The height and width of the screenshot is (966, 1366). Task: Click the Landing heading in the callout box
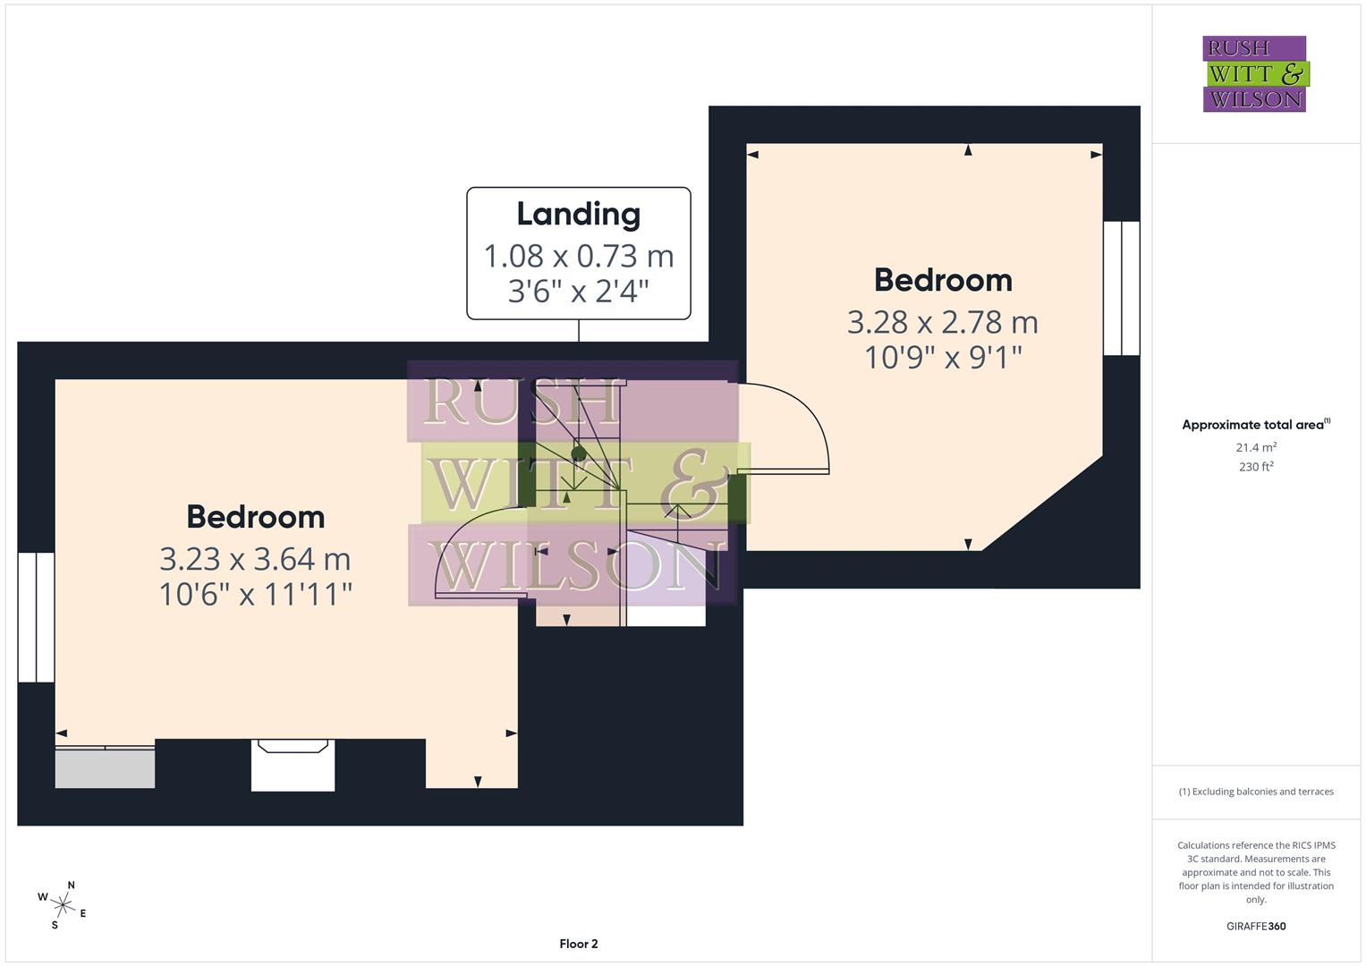pyautogui.click(x=578, y=215)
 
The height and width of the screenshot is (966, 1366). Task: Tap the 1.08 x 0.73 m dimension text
pyautogui.click(x=578, y=257)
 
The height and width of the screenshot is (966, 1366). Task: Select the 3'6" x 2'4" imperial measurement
pyautogui.click(x=578, y=291)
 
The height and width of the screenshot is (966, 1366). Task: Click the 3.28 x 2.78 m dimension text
pyautogui.click(x=942, y=322)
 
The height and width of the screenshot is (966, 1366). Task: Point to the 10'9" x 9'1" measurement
pyautogui.click(x=942, y=358)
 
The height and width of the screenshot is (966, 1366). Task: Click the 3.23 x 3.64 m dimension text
pyautogui.click(x=255, y=559)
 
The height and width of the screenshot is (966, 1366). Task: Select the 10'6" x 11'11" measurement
pyautogui.click(x=255, y=594)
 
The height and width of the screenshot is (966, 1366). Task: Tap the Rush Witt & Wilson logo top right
pyautogui.click(x=1254, y=73)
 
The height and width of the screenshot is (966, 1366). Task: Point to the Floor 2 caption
pyautogui.click(x=578, y=944)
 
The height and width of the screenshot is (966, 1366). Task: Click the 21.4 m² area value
pyautogui.click(x=1255, y=447)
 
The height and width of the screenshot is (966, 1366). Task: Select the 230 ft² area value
pyautogui.click(x=1255, y=467)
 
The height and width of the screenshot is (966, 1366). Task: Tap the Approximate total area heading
pyautogui.click(x=1255, y=425)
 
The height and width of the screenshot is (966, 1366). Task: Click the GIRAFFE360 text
pyautogui.click(x=1255, y=926)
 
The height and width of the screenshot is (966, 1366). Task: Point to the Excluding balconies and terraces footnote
pyautogui.click(x=1255, y=792)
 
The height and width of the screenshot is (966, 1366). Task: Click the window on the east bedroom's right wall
pyautogui.click(x=1121, y=288)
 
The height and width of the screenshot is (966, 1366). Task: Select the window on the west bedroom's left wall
pyautogui.click(x=36, y=617)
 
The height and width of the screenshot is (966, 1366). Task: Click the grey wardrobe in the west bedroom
pyautogui.click(x=105, y=767)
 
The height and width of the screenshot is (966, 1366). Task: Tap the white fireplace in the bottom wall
pyautogui.click(x=293, y=766)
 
